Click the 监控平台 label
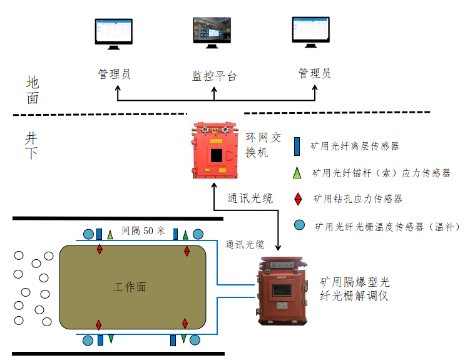click(214, 76)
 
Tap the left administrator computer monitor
click(114, 32)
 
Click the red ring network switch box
click(215, 150)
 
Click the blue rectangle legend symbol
click(298, 147)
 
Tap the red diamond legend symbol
click(299, 198)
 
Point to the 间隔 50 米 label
click(143, 231)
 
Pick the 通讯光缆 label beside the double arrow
click(250, 199)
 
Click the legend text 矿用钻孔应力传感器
click(357, 199)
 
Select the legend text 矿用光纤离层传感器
click(355, 147)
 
